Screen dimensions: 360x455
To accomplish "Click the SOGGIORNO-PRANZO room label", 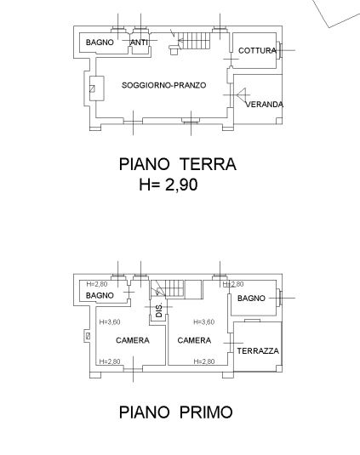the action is pos(163,85).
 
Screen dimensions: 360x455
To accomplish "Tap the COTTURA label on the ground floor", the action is pos(257,50).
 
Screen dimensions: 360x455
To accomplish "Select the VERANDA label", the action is pos(264,105).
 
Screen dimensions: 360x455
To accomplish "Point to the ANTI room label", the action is pos(139,43).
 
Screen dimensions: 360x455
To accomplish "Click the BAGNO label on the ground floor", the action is pos(100,43).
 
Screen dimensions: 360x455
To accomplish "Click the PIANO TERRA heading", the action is pos(177,164).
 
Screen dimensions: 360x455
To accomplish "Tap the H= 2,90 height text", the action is pos(169,185).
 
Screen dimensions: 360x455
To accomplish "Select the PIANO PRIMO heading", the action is pos(176,412).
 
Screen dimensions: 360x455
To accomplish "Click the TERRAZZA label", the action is pos(258,351).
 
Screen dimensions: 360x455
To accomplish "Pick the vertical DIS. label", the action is pos(159,310).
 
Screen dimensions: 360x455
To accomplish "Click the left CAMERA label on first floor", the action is pos(133,340).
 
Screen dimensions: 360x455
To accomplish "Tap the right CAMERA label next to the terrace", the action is pos(194,340).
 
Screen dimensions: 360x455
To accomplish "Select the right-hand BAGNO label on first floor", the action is pos(251,299).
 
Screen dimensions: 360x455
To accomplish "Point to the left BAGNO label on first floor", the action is pos(100,296).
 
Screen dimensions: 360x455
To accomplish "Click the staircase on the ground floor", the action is pos(194,41).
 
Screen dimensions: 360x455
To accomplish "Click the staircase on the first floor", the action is pos(168,288).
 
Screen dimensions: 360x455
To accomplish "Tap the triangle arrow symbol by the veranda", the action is pos(241,94).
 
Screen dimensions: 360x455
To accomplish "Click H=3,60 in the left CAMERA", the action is pos(110,322).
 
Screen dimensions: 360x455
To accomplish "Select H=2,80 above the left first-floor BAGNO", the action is pos(97,284).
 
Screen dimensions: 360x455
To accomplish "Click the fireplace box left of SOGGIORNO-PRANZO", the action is pos(97,88).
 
